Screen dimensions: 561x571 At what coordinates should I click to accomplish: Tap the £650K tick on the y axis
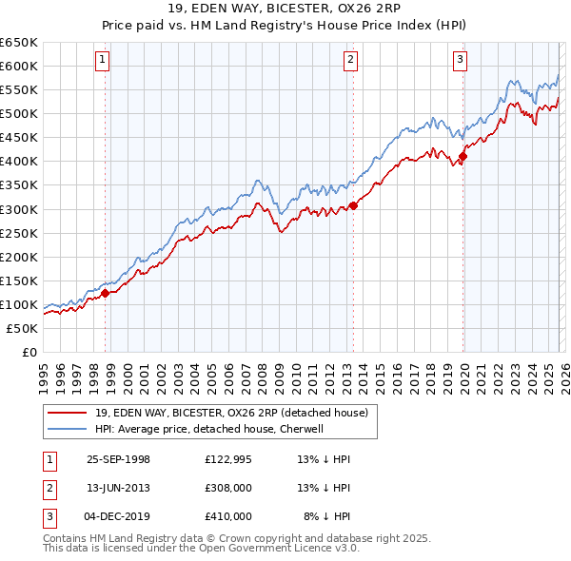(x=19, y=43)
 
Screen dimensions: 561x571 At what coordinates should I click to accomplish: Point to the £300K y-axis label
(x=19, y=209)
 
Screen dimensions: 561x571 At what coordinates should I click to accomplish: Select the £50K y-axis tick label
(x=22, y=328)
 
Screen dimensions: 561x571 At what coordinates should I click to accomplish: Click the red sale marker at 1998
(x=106, y=293)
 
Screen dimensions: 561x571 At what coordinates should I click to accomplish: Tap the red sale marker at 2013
(x=353, y=204)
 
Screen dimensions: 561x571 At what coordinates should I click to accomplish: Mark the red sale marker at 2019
(x=463, y=156)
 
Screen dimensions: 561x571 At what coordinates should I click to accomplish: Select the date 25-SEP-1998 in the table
(x=118, y=459)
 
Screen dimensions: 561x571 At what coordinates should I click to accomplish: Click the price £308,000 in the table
(x=228, y=488)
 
